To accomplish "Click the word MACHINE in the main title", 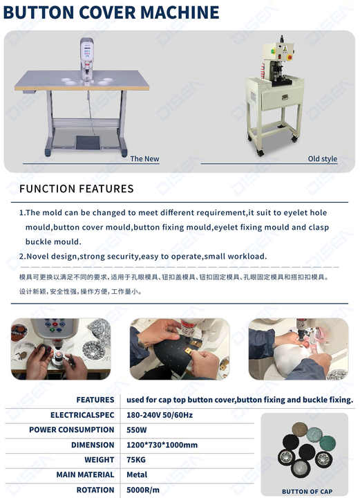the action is (x=180, y=12).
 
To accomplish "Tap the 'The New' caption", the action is (x=144, y=158).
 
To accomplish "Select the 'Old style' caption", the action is (x=322, y=158).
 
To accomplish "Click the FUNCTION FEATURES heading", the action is (x=77, y=189).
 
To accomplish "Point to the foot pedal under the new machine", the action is (x=88, y=142).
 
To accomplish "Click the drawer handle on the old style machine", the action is (x=285, y=98).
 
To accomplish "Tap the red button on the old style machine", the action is (x=289, y=57).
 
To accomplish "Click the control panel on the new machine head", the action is (x=87, y=50).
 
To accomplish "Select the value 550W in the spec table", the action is (x=136, y=430).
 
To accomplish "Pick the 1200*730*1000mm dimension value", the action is (x=162, y=445).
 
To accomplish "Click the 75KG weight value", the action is (x=135, y=460).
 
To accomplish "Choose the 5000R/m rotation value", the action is (x=143, y=490).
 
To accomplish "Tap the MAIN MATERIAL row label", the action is (x=85, y=474).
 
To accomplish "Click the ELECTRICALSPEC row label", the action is (x=82, y=415).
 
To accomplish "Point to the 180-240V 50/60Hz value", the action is (x=160, y=415).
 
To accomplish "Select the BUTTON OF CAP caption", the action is (x=307, y=492).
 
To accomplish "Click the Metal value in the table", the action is (x=137, y=474).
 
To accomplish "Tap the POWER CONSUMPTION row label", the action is (x=71, y=430).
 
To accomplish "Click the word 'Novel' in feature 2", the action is (x=37, y=257).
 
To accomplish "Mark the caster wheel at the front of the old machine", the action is (x=260, y=153).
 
